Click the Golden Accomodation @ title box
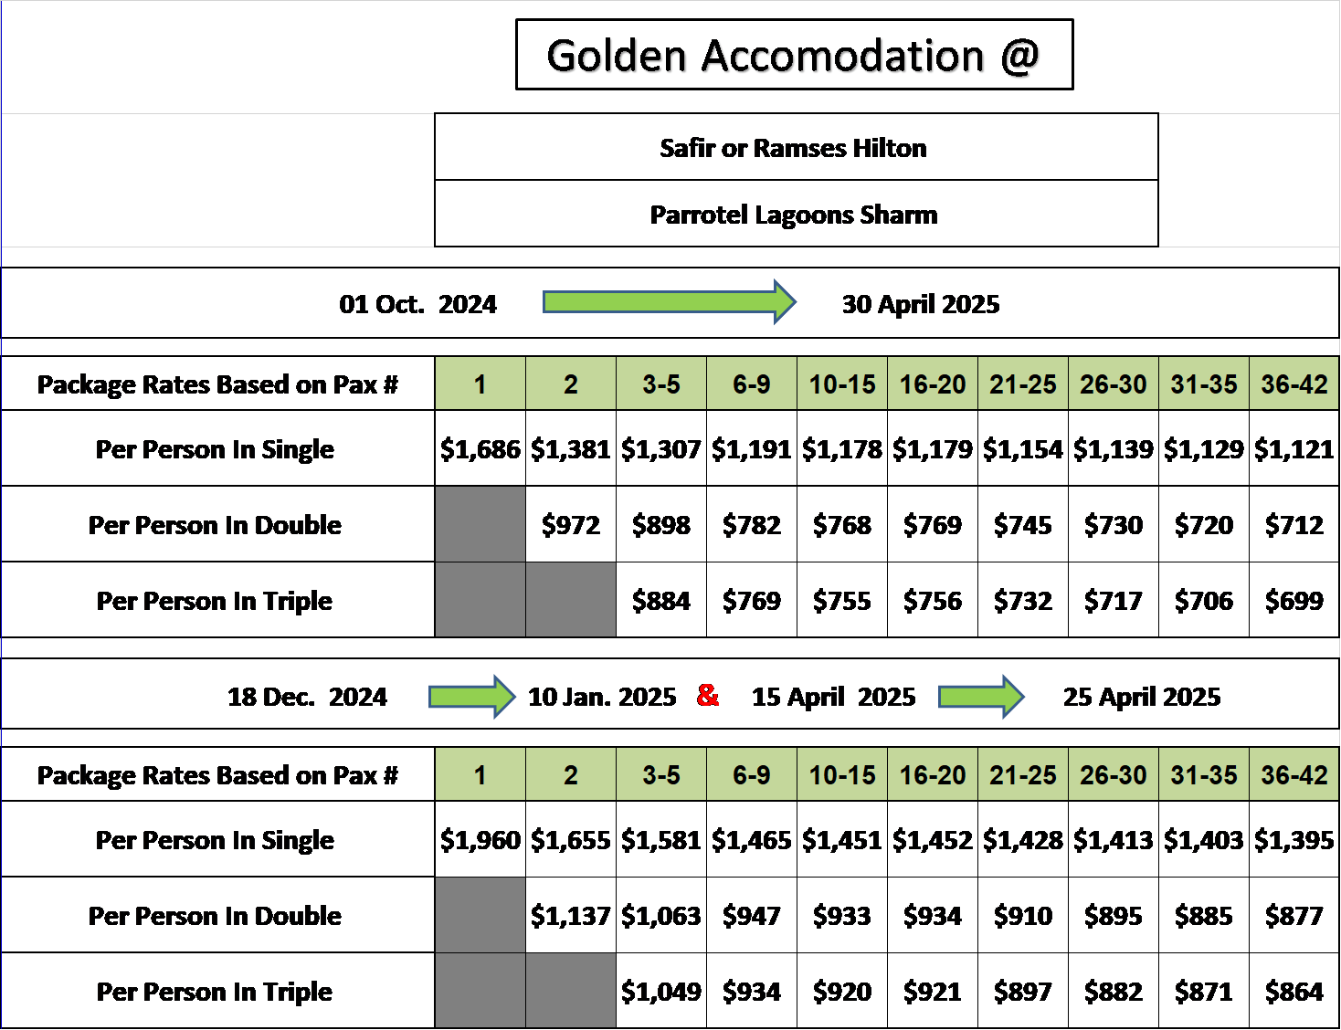click(x=794, y=55)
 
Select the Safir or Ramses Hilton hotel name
click(x=793, y=148)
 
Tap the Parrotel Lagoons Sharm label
click(x=794, y=215)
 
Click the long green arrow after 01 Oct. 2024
click(x=670, y=301)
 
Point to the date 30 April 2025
click(x=921, y=304)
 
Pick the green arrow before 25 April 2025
click(x=981, y=697)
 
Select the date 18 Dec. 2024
click(x=307, y=697)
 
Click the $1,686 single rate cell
click(x=480, y=448)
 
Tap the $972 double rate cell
click(x=571, y=524)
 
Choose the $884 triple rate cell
click(x=661, y=600)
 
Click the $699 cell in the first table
click(x=1294, y=600)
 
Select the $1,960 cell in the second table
click(x=480, y=839)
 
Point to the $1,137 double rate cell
click(x=571, y=915)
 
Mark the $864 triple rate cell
click(x=1294, y=991)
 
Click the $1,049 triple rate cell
click(x=661, y=991)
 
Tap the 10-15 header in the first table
click(x=842, y=384)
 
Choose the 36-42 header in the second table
click(x=1294, y=774)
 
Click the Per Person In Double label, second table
click(x=215, y=916)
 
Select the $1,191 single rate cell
click(x=752, y=448)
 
